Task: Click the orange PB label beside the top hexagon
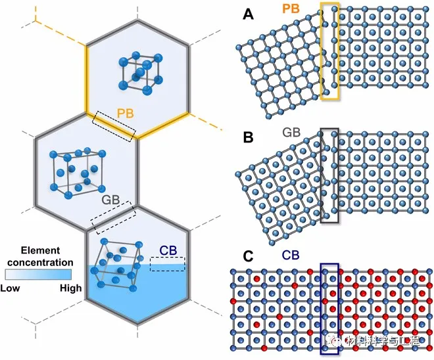(x=126, y=114)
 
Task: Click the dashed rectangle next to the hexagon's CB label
(x=168, y=263)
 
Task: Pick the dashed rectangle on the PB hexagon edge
(x=114, y=125)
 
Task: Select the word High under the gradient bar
(x=70, y=288)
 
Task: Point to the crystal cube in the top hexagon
(x=139, y=70)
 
